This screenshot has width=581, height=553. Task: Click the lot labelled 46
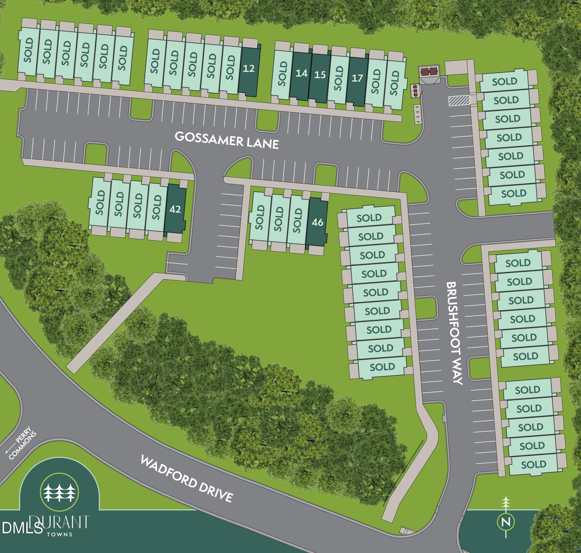point(317,223)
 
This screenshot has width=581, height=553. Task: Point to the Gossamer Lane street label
point(227,140)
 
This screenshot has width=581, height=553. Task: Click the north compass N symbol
point(506,522)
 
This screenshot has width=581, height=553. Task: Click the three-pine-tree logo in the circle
point(59,493)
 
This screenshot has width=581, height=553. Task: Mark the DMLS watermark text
point(22,528)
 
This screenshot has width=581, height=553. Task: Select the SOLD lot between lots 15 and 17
point(339,78)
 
